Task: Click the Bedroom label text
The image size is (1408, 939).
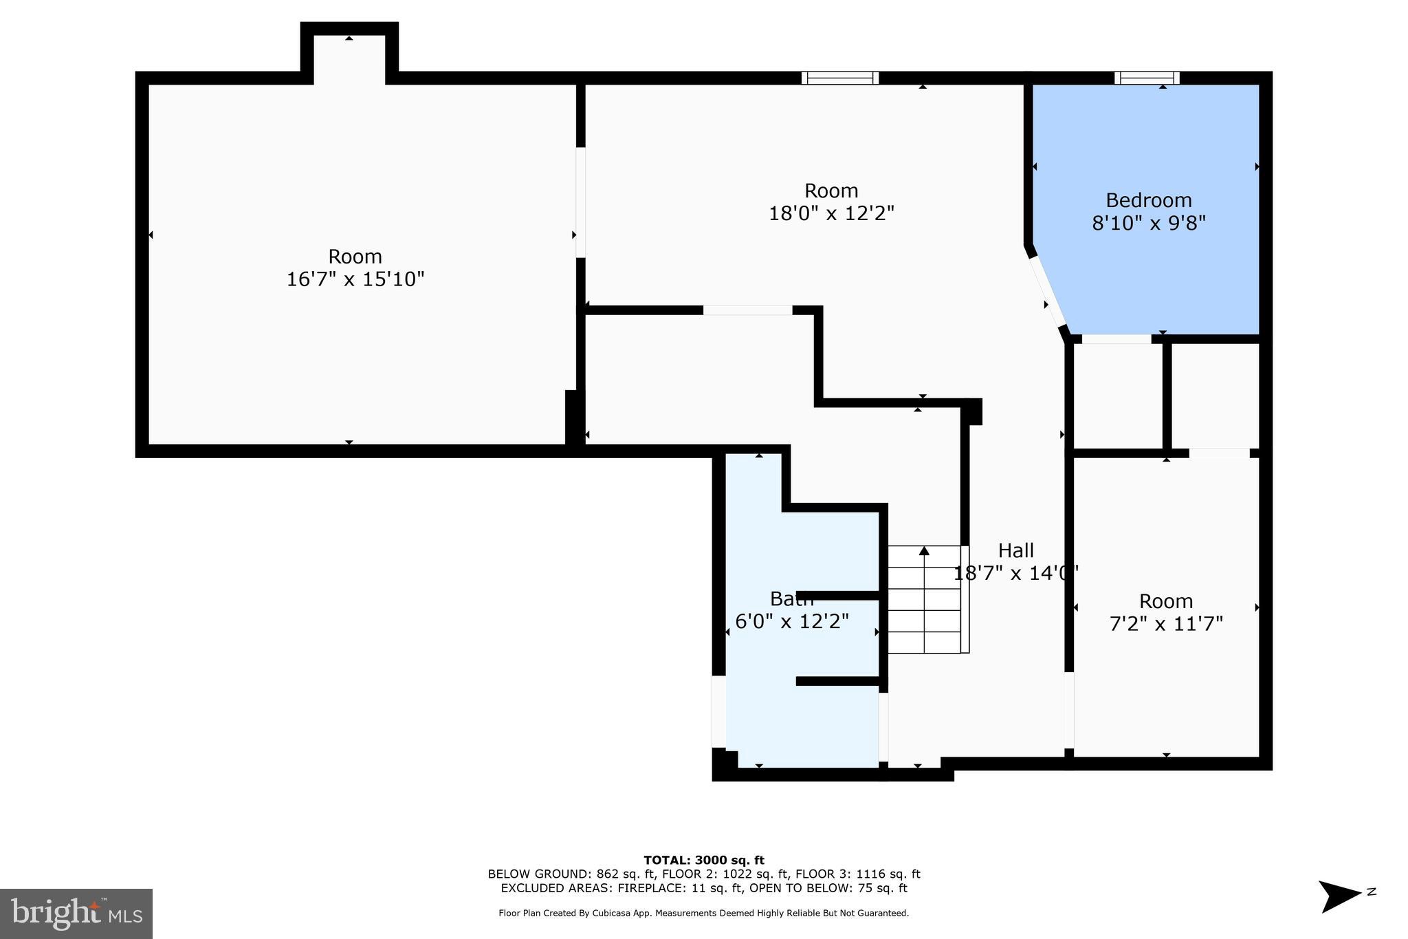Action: tap(1148, 200)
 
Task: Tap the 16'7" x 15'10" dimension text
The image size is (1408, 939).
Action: tap(355, 279)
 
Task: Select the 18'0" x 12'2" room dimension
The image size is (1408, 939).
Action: tap(830, 213)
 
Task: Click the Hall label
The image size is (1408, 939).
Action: tap(1015, 550)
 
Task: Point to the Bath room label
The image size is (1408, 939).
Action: tap(791, 598)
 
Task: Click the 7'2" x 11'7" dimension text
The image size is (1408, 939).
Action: tap(1166, 624)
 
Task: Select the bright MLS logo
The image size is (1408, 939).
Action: tap(76, 914)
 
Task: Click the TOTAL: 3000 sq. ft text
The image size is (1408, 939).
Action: tap(703, 860)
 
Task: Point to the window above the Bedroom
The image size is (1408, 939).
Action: tap(1147, 78)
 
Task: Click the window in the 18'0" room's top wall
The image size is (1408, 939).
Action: tap(839, 78)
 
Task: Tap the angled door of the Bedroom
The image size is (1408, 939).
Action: tap(1047, 292)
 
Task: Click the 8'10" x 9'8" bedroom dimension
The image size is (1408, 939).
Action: tap(1148, 223)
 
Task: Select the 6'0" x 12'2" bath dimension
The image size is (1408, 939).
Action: tap(791, 622)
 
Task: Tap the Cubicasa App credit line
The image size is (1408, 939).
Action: tap(703, 914)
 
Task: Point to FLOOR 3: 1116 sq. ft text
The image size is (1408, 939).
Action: tap(857, 874)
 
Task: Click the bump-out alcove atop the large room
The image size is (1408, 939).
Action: tap(349, 58)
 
